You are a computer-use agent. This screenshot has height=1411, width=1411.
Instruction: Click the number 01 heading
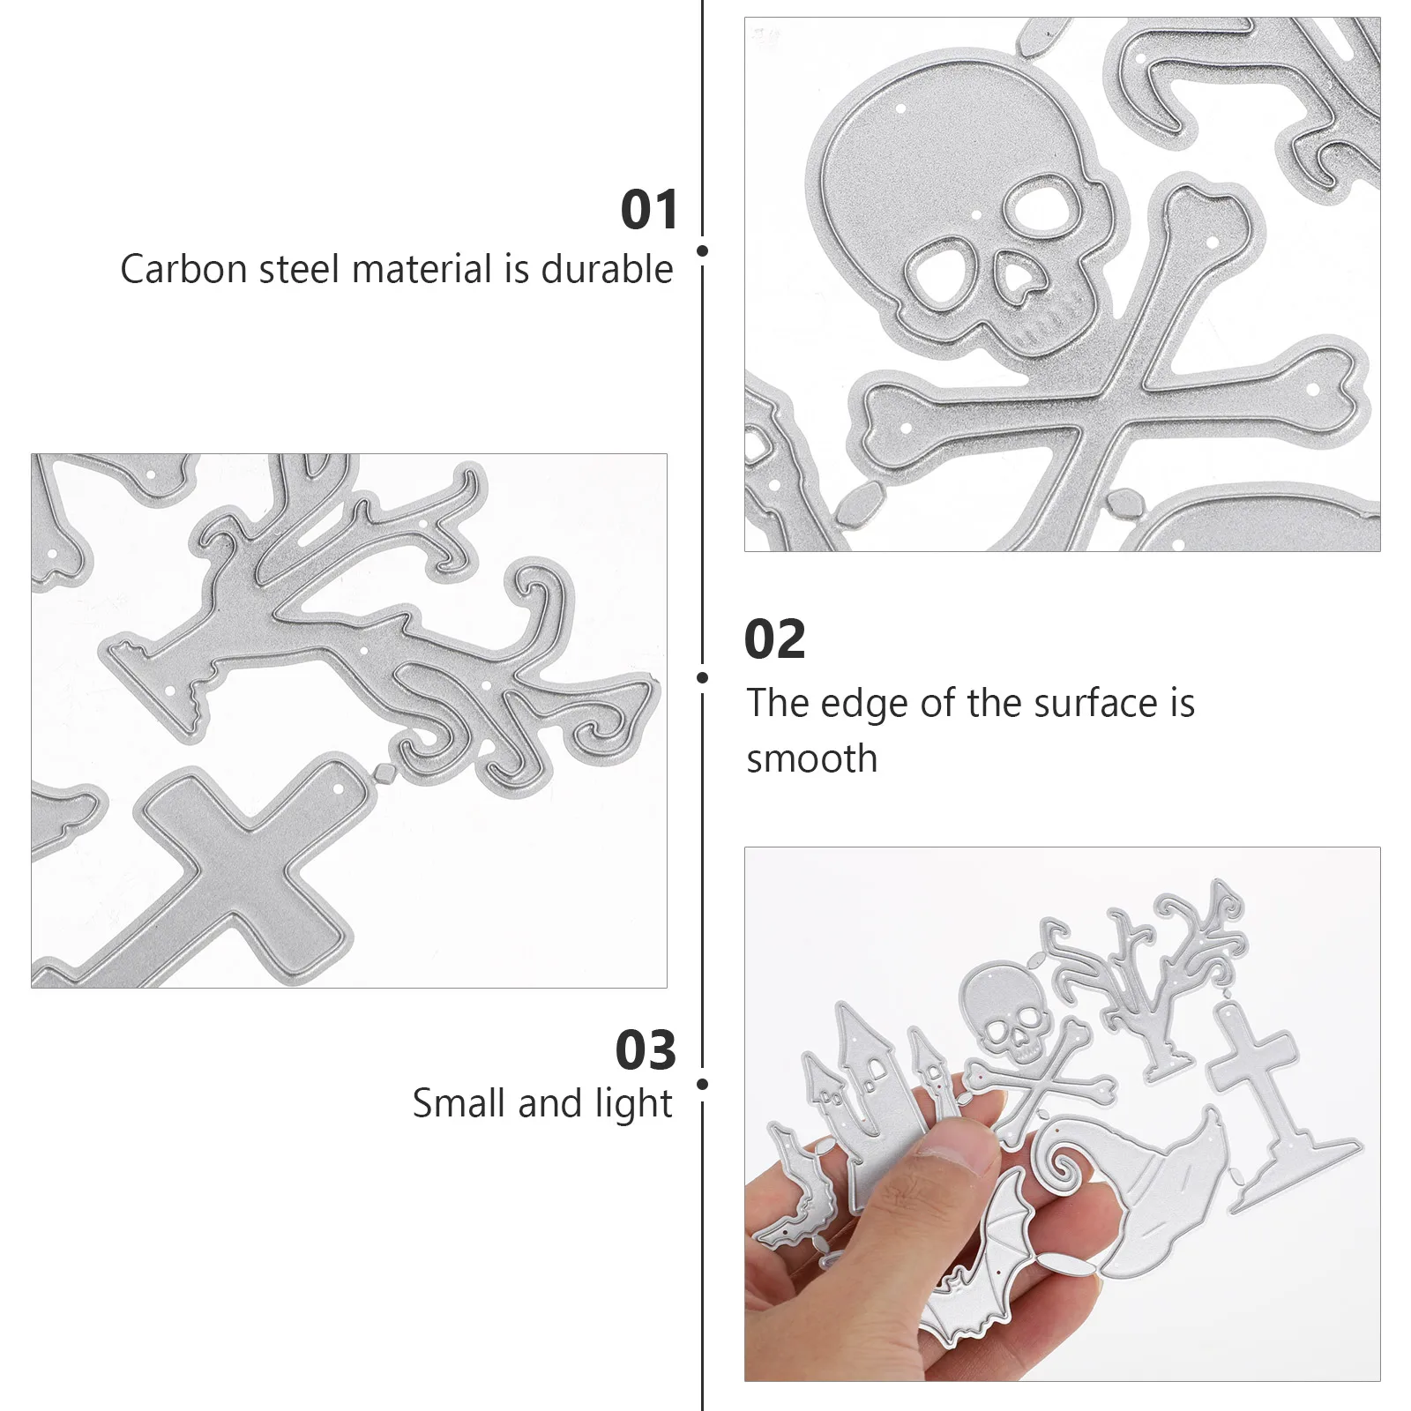pos(649,210)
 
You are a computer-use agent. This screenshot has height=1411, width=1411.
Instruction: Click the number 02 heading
pos(774,639)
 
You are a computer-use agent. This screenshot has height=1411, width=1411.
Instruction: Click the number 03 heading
pos(646,1050)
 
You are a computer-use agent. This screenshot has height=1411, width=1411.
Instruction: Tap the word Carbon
pos(184,269)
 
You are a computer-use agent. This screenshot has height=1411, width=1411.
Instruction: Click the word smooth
pos(811,759)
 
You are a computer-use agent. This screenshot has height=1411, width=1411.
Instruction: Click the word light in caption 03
pos(633,1104)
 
